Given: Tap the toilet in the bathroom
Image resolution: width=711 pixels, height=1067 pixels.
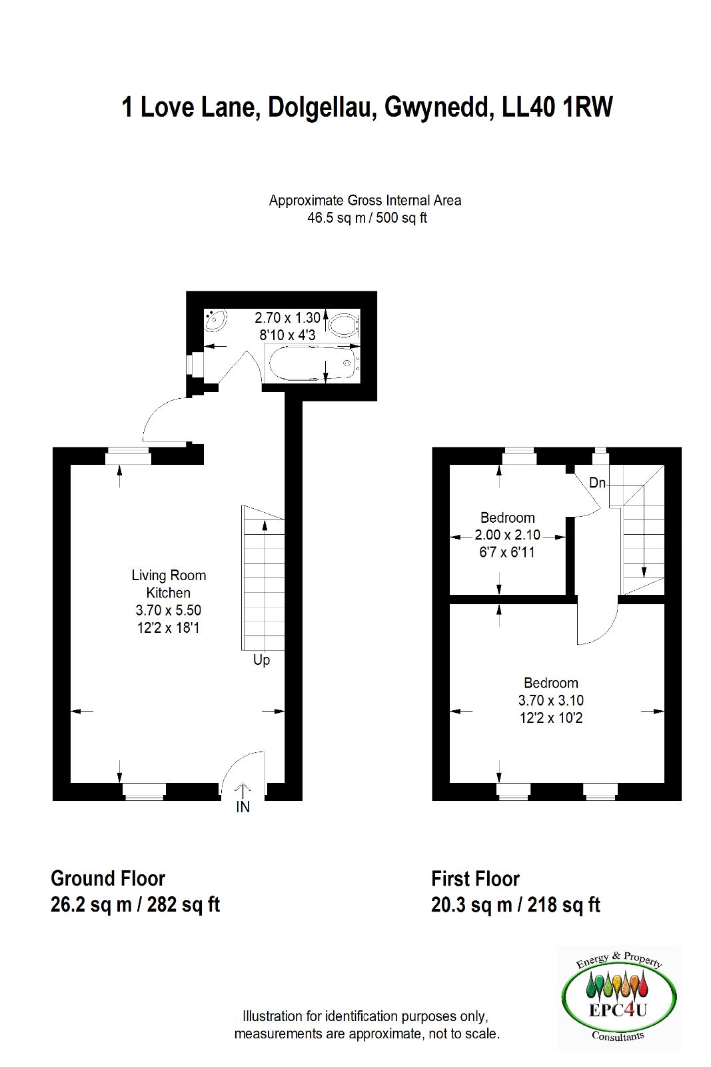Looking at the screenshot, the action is (x=343, y=325).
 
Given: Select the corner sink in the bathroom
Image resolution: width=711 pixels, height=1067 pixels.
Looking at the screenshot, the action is (x=216, y=319).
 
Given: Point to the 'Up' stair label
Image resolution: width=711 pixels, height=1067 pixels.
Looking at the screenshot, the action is (x=261, y=661).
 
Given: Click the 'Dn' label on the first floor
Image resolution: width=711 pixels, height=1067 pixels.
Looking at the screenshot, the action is (x=597, y=483).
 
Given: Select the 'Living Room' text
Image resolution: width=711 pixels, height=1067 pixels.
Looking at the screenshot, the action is (x=169, y=576).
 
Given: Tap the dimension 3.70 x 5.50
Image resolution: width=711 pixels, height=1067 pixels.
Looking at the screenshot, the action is (x=169, y=610).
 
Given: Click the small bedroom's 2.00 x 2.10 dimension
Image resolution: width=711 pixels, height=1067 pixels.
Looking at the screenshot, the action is (x=507, y=535).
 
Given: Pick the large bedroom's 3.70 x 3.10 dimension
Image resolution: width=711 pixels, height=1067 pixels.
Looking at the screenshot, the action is (x=551, y=700).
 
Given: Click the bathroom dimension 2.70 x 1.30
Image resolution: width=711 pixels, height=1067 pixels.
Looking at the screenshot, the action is (x=287, y=317).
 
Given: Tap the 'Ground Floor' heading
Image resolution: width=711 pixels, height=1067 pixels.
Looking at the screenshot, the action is (x=108, y=879).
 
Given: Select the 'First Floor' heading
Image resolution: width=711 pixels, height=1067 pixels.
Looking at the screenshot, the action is (x=475, y=879).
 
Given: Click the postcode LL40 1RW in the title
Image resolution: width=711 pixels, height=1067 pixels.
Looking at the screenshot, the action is (x=557, y=107).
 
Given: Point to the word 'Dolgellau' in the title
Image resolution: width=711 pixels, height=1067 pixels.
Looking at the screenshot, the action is (x=319, y=107).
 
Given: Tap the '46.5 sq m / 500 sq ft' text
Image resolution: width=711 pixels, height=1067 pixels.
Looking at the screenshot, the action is (x=367, y=218).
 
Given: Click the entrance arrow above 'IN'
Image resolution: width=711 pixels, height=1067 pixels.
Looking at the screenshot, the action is (x=243, y=790).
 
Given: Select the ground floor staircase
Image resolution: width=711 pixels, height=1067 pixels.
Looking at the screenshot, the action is (x=263, y=578).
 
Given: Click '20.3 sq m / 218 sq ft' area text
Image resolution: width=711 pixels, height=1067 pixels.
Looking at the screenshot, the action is (x=516, y=905).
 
